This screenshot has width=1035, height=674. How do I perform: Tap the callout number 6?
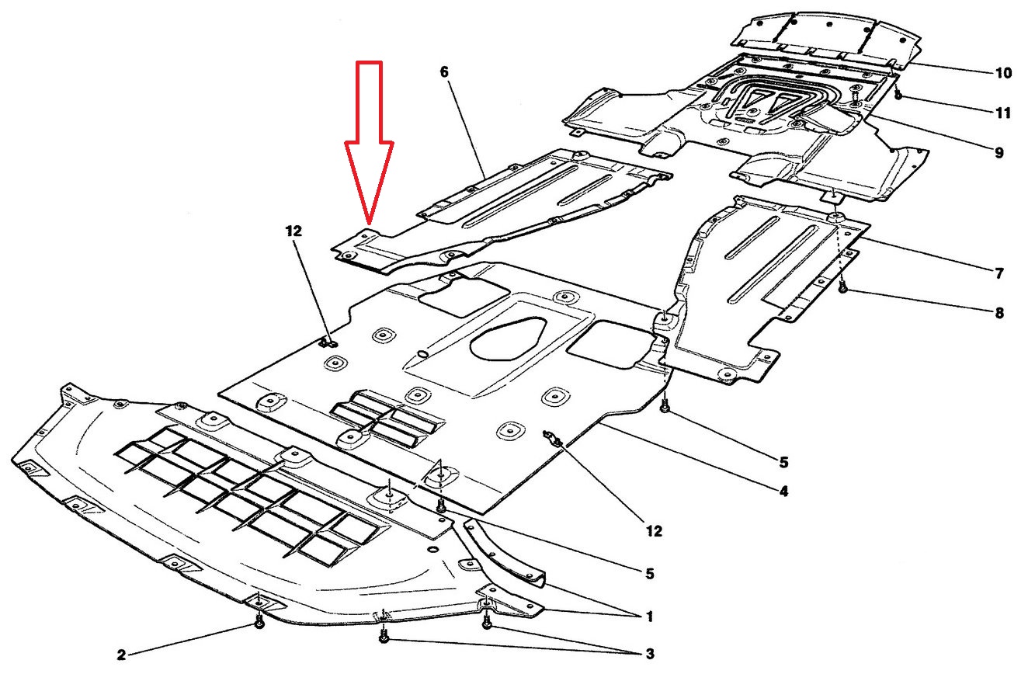(444, 72)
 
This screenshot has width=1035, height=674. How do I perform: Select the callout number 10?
(1003, 73)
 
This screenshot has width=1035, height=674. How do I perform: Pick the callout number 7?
(999, 273)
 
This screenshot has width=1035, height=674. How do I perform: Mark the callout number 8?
(999, 314)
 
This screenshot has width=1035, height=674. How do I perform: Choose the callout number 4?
(783, 492)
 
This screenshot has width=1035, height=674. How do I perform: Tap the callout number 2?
(122, 655)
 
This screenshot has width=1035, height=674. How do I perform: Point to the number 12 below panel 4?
(653, 531)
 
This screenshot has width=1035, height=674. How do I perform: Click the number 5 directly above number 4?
(783, 463)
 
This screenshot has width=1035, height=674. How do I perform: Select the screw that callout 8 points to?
(843, 288)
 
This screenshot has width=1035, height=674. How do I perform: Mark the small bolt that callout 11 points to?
(898, 96)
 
